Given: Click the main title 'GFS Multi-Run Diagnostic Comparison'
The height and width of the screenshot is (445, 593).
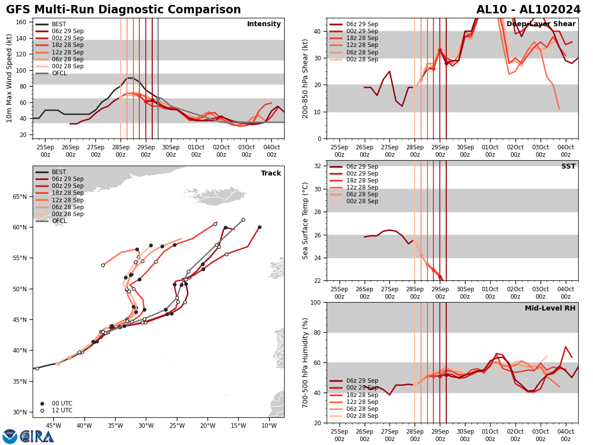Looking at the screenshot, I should pyautogui.click(x=123, y=10).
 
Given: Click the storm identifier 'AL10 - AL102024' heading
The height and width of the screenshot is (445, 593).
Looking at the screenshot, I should pyautogui.click(x=528, y=10).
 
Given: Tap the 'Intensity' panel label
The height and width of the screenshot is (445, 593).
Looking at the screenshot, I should pyautogui.click(x=263, y=24).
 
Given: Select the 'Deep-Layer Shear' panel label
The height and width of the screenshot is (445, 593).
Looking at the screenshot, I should pyautogui.click(x=541, y=24).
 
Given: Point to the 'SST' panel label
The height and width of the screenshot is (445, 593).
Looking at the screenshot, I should pyautogui.click(x=568, y=167).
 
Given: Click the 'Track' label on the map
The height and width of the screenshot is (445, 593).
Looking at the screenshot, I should pyautogui.click(x=271, y=174).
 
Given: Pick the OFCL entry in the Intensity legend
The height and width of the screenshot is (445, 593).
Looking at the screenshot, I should pyautogui.click(x=59, y=73).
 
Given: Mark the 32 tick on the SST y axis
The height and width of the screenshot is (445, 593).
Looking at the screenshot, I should pyautogui.click(x=319, y=166).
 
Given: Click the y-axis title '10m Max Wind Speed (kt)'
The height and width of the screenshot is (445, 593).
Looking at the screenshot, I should pyautogui.click(x=9, y=78).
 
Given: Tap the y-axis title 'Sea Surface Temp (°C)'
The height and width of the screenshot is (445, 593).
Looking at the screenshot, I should pyautogui.click(x=305, y=221).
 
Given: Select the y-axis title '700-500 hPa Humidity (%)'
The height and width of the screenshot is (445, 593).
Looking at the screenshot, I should pyautogui.click(x=305, y=362).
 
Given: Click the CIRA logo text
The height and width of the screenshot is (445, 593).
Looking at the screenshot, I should pyautogui.click(x=37, y=437).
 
